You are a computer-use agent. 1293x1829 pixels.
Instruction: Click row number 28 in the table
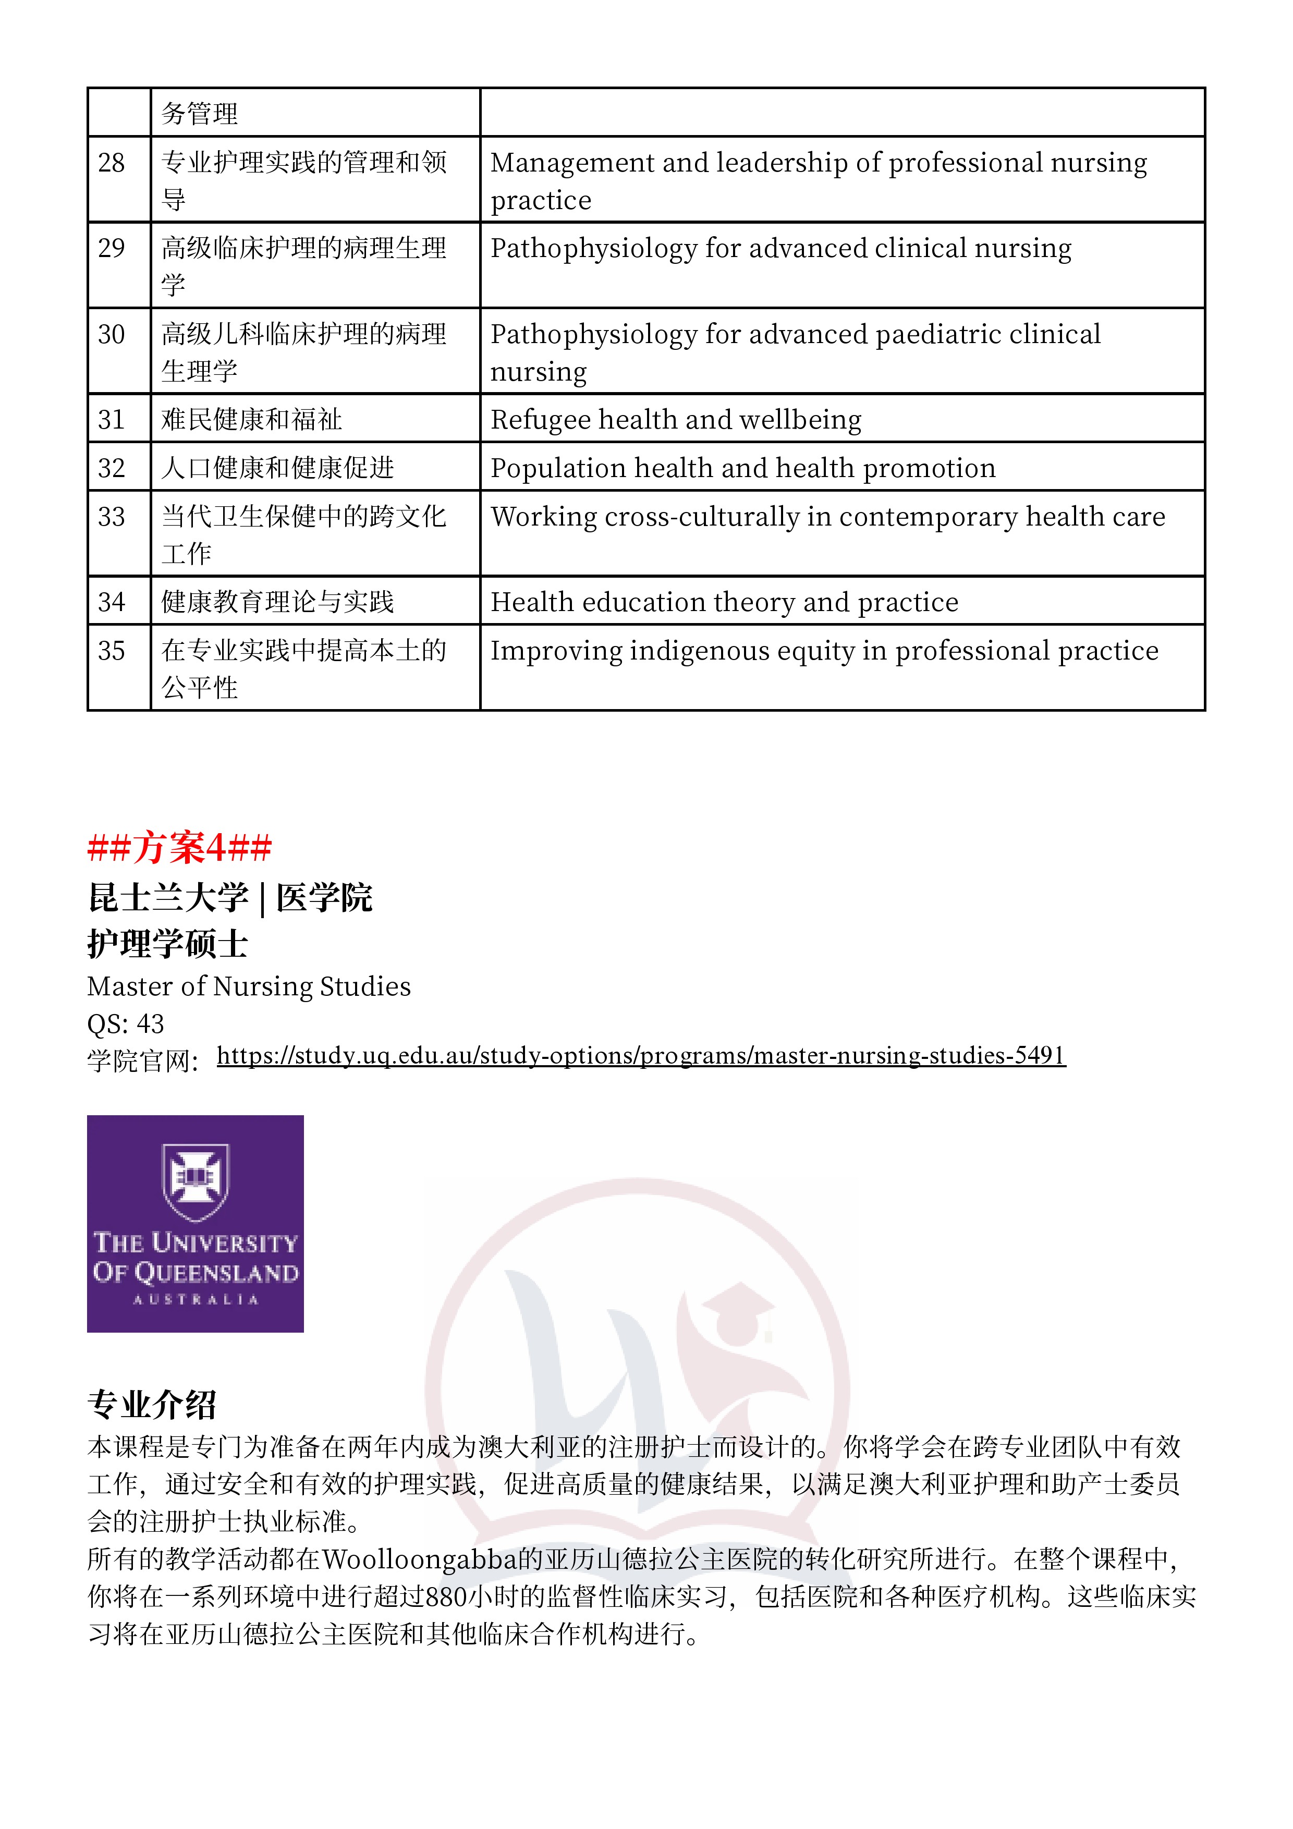(x=112, y=163)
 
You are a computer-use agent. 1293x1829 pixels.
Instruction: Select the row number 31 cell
(x=112, y=420)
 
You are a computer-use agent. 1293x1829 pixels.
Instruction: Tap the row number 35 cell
(x=112, y=651)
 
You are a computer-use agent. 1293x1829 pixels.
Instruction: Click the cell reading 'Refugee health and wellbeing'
(x=676, y=420)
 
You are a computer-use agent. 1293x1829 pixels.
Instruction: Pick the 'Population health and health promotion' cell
(x=742, y=468)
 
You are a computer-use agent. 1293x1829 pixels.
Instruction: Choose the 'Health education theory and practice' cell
(x=724, y=602)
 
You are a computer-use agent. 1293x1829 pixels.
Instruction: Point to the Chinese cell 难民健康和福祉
(x=252, y=420)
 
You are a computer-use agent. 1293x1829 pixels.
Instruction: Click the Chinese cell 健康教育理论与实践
(x=277, y=602)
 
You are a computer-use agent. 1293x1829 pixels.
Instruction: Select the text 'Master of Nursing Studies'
(x=249, y=986)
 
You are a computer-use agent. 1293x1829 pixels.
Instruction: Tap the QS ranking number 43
(x=151, y=1023)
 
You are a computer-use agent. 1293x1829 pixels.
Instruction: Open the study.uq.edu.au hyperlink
(x=641, y=1055)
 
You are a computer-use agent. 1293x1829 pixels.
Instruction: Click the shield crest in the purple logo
(x=195, y=1181)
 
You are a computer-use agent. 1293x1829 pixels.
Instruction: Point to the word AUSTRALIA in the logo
(x=195, y=1299)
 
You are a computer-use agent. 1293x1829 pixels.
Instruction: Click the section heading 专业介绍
(x=151, y=1405)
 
